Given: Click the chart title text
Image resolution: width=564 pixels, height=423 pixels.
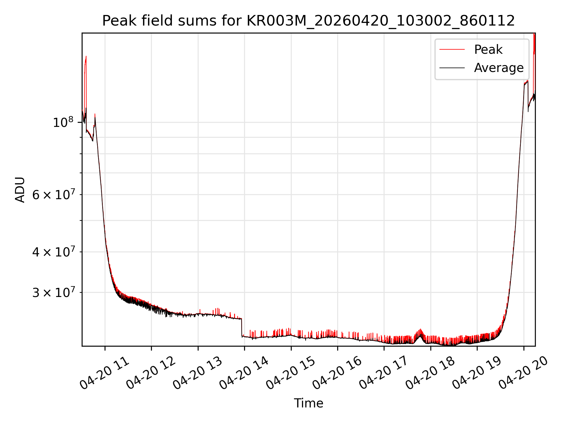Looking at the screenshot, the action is coord(308,21).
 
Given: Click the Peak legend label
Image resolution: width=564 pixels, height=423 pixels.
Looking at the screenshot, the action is coord(488,50).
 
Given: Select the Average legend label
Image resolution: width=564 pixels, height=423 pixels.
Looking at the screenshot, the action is coord(499,68).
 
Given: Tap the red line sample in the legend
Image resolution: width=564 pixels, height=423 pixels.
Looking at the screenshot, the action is coord(452,50).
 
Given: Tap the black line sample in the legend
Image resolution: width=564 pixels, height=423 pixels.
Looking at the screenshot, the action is coord(452,68).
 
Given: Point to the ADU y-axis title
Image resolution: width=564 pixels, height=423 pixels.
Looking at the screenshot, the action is coord(20,189).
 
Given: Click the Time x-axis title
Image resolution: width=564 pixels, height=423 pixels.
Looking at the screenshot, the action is coord(308,403).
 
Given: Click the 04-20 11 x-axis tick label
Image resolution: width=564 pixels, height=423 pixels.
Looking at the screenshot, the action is coord(104,373).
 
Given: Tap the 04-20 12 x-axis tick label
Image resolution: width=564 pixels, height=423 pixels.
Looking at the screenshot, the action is coord(151,373).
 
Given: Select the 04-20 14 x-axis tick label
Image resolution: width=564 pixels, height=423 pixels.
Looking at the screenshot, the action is coord(244,373).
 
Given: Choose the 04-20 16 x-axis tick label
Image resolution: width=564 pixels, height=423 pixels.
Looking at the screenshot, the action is coord(337,373).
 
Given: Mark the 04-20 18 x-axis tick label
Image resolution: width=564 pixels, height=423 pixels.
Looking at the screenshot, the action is coord(430,373).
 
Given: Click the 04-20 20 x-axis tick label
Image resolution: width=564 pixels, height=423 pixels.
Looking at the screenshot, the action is coord(523,373).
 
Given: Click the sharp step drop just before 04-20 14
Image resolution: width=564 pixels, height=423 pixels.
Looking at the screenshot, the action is coord(241,327).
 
